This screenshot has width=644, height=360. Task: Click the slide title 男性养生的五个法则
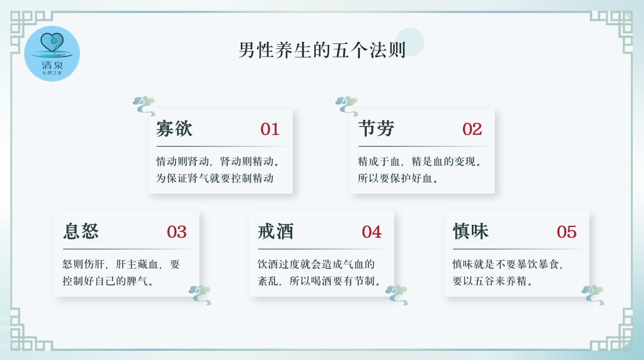322,50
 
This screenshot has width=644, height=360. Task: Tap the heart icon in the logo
52,42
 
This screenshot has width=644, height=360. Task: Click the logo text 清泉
52,65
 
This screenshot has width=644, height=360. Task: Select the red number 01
270,129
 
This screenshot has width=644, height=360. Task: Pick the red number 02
472,129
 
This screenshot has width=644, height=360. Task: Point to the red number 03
176,232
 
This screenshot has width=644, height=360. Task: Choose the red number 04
372,232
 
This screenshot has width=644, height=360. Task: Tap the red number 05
566,232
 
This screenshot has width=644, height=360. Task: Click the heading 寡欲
174,129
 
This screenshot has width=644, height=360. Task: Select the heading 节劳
376,129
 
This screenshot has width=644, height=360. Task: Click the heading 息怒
81,231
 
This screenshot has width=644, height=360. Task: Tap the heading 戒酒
276,231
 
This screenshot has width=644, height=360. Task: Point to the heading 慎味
471,231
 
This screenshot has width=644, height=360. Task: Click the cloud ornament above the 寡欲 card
144,106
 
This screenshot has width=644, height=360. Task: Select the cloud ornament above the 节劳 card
347,106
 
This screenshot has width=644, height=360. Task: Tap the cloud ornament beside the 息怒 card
200,295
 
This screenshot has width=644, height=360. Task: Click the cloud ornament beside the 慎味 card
593,295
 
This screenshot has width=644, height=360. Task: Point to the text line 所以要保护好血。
398,179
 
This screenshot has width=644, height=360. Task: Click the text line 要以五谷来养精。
492,281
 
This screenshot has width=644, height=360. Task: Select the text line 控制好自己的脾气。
108,281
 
